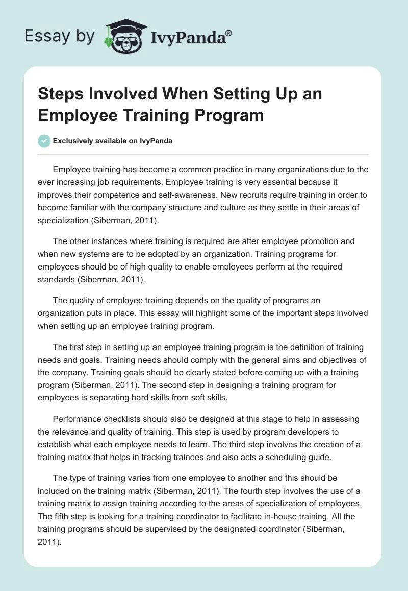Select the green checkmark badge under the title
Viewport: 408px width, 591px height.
[x=45, y=141]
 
